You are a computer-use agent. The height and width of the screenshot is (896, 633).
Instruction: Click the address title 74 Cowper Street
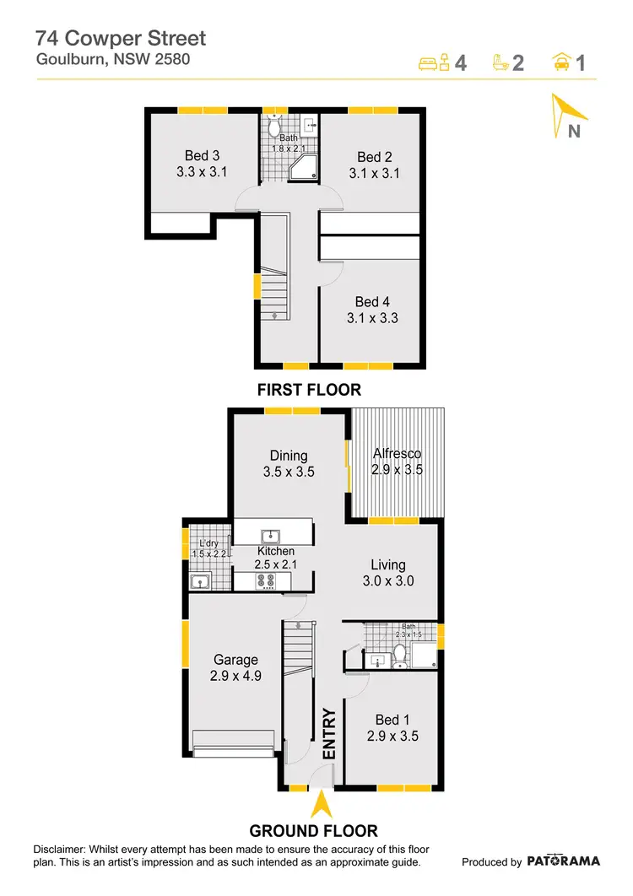pos(121,38)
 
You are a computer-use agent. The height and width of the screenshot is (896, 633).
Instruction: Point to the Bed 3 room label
pos(202,155)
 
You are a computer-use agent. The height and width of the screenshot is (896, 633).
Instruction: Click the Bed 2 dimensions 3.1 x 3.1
pos(374,174)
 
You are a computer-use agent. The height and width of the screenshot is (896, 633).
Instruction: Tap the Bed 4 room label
pos(372,301)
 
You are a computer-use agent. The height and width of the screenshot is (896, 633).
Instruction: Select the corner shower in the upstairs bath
pos(302,170)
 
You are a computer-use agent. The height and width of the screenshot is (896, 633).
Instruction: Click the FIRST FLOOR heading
pos(310,390)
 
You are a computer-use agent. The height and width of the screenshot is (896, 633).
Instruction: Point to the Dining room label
pos(288,456)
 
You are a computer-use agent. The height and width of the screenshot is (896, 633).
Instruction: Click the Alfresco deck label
pos(397,454)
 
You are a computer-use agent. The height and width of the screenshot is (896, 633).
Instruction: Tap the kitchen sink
pos(271,536)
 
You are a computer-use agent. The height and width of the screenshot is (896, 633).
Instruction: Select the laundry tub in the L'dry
pos(201,580)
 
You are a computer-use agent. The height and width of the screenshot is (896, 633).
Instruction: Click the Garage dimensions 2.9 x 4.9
pos(235,676)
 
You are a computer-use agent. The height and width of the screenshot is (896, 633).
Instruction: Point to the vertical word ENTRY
pos(329,732)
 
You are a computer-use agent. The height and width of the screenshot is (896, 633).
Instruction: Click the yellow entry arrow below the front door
pos(320,806)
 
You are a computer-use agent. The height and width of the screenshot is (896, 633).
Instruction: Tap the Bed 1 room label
pos(392,719)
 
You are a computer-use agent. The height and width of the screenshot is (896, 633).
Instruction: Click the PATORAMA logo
pos(564,861)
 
